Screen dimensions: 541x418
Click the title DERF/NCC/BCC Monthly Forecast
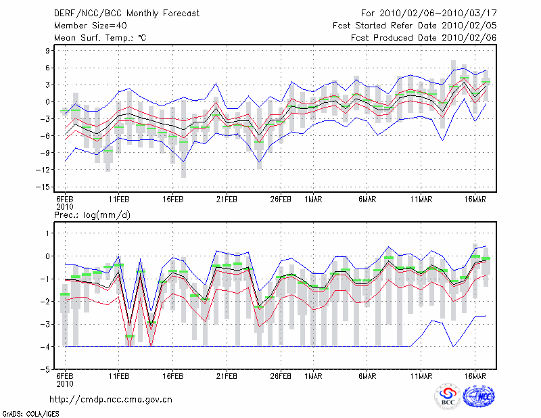coord(126,14)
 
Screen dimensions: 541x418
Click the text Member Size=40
coord(91,26)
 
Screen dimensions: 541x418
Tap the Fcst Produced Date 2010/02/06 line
coord(424,38)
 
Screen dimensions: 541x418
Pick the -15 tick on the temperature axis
coord(43,187)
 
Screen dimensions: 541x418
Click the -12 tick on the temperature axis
coord(43,170)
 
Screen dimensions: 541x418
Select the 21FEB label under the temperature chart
coord(227,200)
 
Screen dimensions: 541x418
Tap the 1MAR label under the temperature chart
coord(313,200)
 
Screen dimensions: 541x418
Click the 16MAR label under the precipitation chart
coord(475,376)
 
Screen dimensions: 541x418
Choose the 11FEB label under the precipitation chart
coord(119,376)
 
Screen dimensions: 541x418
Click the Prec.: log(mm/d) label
coord(93,215)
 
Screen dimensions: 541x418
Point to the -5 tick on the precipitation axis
coord(45,370)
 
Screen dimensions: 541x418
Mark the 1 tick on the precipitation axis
coord(47,233)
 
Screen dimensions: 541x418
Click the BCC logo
coord(448,396)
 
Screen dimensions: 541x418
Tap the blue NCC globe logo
coord(479,396)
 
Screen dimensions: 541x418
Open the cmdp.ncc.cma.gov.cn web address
coord(111,400)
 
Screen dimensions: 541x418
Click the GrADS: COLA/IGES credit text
coord(31,414)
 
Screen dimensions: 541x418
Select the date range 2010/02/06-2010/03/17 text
coord(438,14)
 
